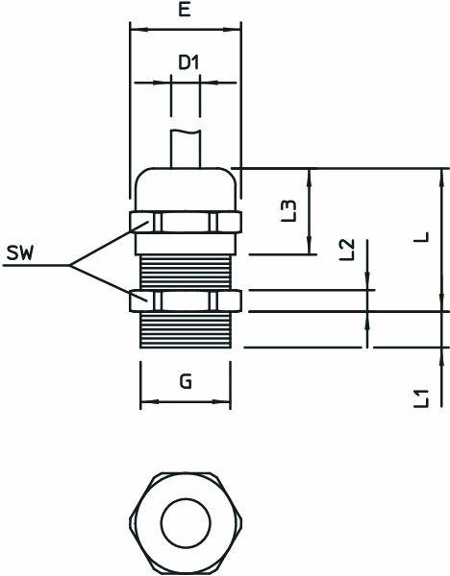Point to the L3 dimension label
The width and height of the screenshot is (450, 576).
point(289,211)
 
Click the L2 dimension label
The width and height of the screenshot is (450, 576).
point(348,252)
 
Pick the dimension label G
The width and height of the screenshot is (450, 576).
point(186,381)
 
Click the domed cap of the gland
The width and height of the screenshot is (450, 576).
point(186,187)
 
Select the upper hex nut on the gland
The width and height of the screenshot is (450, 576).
point(186,222)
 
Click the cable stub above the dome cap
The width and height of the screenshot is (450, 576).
point(186,149)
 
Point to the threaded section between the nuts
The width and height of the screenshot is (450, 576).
point(186,261)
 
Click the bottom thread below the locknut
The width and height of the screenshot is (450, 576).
point(186,330)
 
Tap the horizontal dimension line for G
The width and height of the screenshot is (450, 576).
point(186,401)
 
